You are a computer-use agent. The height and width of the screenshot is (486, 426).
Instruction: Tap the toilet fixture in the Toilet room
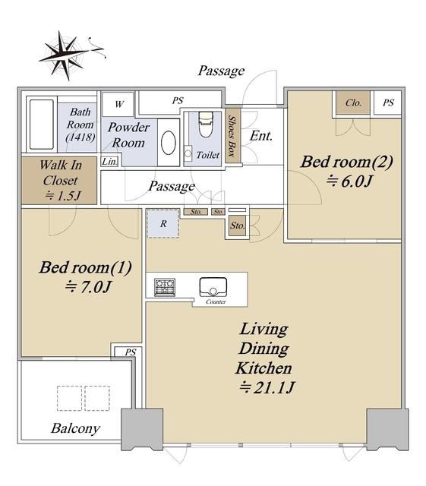pos(206,125)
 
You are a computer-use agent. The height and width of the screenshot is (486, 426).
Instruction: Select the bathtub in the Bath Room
pos(42,125)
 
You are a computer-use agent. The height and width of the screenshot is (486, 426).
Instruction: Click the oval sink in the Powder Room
pos(169,143)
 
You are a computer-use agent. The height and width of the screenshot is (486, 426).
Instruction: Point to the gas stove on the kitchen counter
pos(165,287)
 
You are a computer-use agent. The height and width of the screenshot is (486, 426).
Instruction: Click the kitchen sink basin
pos(213,287)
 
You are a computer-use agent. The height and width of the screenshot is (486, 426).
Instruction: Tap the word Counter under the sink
pos(216,301)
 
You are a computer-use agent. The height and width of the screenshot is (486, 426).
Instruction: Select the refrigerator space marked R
pos(163,223)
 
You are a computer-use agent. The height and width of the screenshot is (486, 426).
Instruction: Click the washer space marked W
pos(119,104)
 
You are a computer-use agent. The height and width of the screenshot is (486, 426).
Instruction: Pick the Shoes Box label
pos(232,135)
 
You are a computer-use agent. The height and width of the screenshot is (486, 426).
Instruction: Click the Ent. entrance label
pos(261,136)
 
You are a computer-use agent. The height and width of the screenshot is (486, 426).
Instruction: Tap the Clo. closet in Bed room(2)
pos(353,103)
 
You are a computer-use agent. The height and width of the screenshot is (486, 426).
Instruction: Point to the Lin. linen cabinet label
pos(110,162)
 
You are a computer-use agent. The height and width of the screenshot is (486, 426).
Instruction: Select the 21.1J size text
pos(267,387)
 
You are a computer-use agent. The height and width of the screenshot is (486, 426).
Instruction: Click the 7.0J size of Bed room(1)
pos(88,287)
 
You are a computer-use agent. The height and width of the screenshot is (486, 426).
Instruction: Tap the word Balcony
pos(75,428)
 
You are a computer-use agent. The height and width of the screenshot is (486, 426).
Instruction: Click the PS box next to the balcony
pos(130,352)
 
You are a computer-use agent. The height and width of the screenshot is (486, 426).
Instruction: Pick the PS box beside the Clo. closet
pos(388,103)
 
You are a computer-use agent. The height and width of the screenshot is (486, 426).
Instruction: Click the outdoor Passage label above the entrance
pos(222,71)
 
